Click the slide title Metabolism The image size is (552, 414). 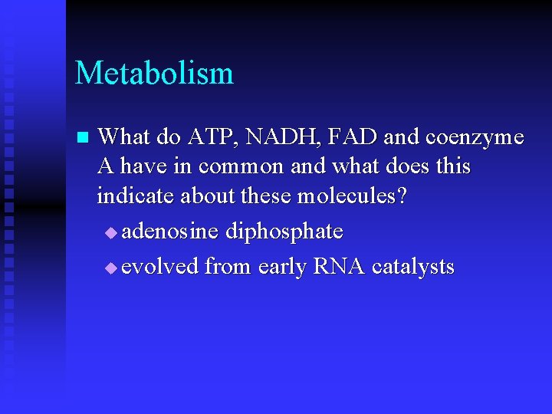[x=154, y=74]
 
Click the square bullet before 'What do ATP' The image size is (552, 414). [x=83, y=139]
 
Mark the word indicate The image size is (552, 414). [x=136, y=195]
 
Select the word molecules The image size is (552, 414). [x=347, y=195]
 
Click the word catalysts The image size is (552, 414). [x=412, y=267]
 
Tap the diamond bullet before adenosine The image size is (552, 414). [x=112, y=232]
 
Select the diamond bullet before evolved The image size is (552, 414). [x=112, y=268]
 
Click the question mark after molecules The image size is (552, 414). [x=402, y=195]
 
